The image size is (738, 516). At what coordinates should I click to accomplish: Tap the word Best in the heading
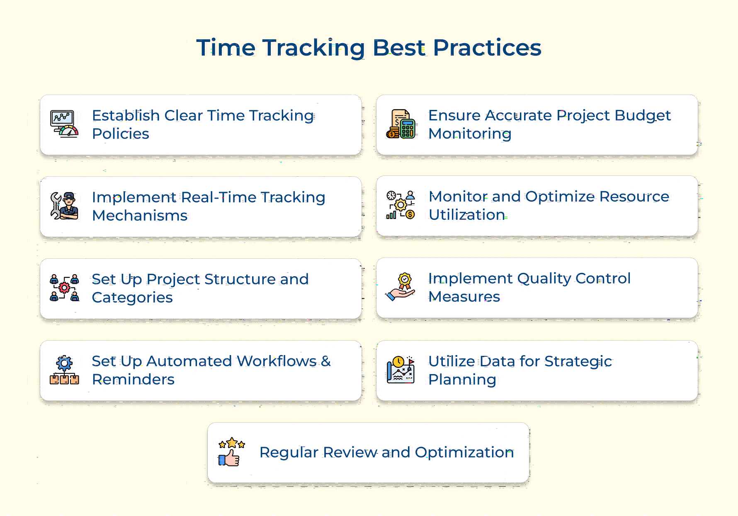(x=399, y=48)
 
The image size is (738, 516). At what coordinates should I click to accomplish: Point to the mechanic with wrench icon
(x=65, y=206)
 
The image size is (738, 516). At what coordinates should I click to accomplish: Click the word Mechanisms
(x=140, y=216)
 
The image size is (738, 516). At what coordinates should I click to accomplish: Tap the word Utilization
(x=467, y=215)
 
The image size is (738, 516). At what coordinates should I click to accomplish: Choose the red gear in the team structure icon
(x=64, y=287)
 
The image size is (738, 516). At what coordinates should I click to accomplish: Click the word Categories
(x=132, y=297)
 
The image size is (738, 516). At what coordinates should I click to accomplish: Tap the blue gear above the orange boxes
(x=64, y=363)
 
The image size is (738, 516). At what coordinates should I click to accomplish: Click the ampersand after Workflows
(x=326, y=361)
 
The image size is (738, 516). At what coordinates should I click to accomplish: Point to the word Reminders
(x=133, y=380)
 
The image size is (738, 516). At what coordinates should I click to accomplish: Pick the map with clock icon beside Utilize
(x=400, y=370)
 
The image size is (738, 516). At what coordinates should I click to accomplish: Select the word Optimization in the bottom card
(x=464, y=452)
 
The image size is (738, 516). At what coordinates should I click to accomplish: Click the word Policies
(x=120, y=134)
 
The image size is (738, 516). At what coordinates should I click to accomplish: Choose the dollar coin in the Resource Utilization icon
(x=410, y=214)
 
